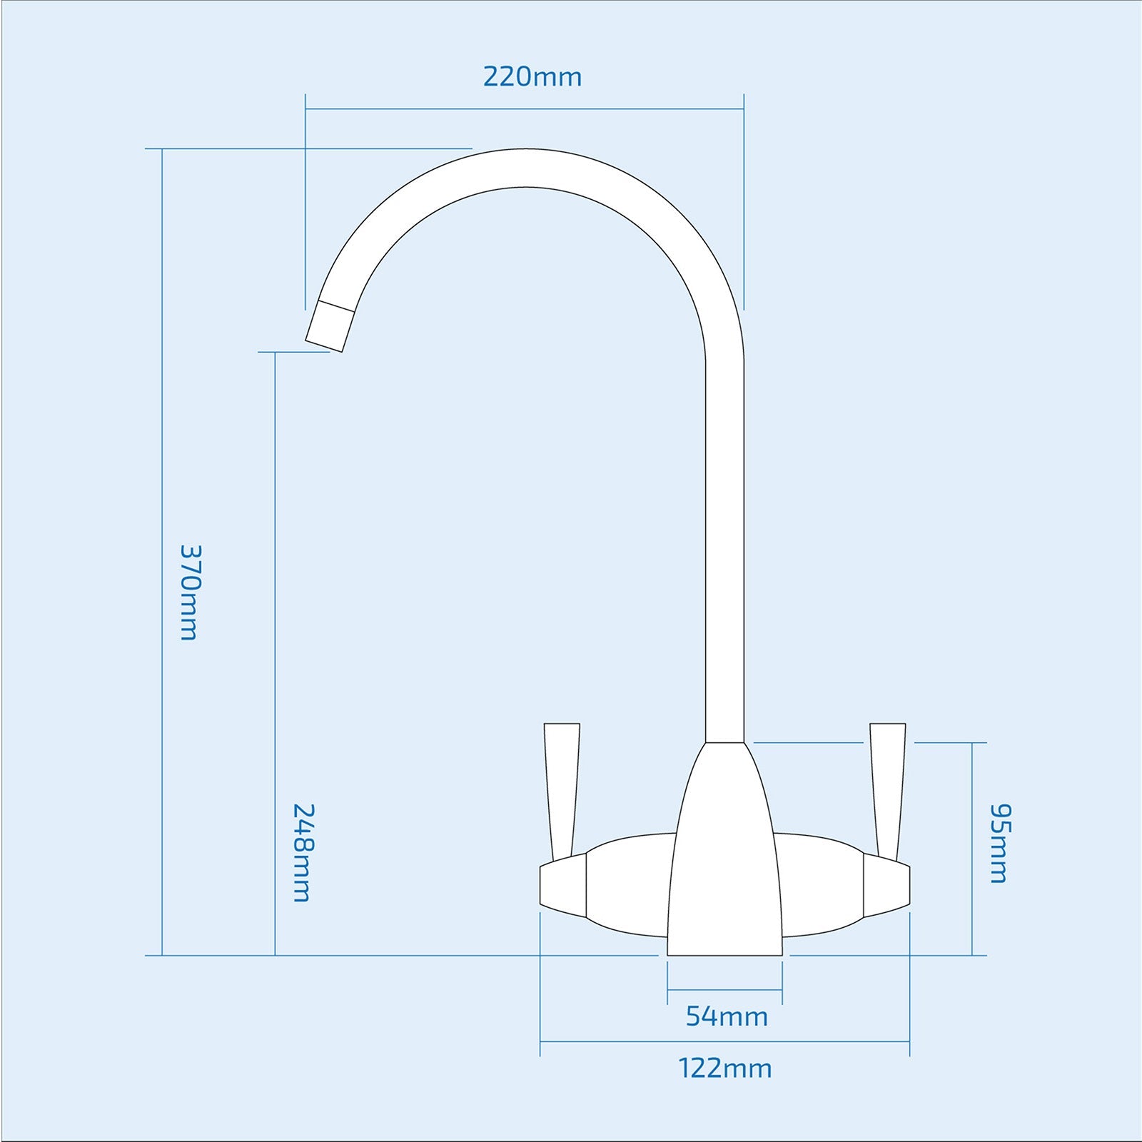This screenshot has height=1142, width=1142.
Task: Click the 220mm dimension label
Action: pos(532,76)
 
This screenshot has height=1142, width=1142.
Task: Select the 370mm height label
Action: pos(189,592)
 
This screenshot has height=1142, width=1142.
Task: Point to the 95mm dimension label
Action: pos(999,844)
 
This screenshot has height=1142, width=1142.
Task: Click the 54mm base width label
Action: pos(727,1016)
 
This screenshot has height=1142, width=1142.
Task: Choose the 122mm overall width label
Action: pos(724,1068)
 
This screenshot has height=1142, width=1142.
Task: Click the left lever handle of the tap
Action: pos(561,785)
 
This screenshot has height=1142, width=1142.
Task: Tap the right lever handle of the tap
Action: pos(887,785)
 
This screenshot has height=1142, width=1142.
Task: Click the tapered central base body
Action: pos(724,856)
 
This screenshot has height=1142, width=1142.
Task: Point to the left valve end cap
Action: pos(562,885)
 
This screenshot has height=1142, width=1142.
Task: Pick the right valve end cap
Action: pos(886,885)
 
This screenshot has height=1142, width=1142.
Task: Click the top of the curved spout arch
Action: pos(528,168)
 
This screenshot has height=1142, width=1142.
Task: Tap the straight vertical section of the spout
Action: pos(724,535)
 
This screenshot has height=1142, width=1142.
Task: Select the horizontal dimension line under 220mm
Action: pos(525,109)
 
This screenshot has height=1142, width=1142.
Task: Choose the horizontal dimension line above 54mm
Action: pos(724,989)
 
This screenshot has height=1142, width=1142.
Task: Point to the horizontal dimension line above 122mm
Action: pos(724,1042)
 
